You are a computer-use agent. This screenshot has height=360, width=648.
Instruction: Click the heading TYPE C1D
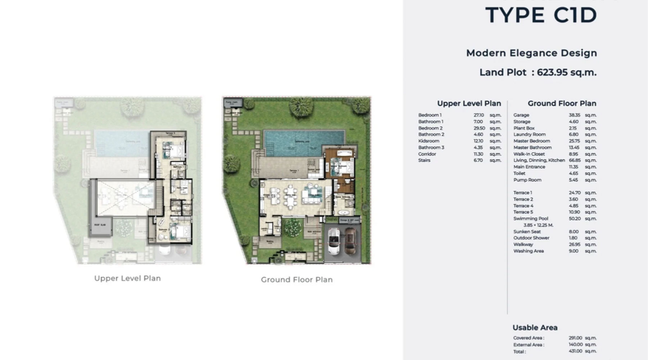click(541, 15)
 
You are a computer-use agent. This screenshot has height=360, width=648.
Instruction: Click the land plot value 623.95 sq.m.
click(566, 72)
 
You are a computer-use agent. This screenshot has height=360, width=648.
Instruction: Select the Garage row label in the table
click(521, 115)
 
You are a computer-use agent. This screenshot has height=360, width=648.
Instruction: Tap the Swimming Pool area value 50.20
click(575, 219)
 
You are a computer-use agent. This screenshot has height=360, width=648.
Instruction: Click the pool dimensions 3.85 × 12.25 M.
click(538, 225)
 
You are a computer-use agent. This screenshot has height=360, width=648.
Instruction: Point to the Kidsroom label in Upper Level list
click(428, 141)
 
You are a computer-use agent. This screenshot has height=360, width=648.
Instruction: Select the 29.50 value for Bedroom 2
click(479, 128)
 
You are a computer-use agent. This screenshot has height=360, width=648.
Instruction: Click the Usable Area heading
click(535, 328)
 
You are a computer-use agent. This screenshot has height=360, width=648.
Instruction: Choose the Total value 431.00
click(575, 351)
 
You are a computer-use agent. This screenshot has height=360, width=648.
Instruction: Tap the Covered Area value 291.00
click(575, 338)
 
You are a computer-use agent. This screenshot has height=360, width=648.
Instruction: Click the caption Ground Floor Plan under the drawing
click(297, 280)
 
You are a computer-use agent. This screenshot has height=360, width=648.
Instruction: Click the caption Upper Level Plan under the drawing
click(127, 278)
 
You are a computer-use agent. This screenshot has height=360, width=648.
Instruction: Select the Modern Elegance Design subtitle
click(531, 53)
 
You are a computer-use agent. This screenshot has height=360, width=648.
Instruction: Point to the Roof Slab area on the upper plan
click(100, 225)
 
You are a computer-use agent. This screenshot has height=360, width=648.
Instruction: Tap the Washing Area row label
click(528, 251)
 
